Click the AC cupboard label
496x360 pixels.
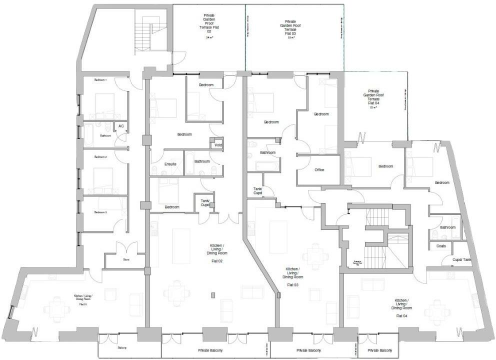[x=121, y=126]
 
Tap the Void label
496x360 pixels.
[x=218, y=145]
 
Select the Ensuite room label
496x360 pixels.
[x=170, y=164]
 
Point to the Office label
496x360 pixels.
[x=319, y=170]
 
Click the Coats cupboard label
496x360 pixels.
[x=441, y=246]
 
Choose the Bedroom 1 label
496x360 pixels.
[x=101, y=80]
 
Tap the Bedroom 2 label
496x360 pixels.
[x=101, y=157]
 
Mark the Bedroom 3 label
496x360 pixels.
[x=101, y=212]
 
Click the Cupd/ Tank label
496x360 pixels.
[x=461, y=260]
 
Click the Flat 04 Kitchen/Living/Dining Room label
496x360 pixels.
[x=403, y=307]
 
